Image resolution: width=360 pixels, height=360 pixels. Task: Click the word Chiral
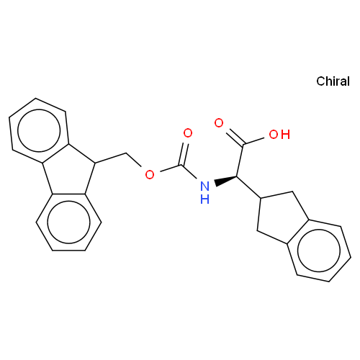[x=333, y=81]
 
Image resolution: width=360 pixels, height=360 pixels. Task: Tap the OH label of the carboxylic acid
[x=279, y=135]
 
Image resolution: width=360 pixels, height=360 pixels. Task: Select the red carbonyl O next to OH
[x=219, y=123]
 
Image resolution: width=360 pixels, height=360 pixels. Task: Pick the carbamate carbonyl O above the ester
[x=188, y=133]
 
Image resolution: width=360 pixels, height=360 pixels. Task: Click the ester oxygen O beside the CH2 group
[x=150, y=174]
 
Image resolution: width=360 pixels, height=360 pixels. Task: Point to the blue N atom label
[x=204, y=186]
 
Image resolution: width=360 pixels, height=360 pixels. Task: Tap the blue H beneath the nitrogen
[x=204, y=199]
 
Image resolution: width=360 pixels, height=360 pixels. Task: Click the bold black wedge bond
[x=226, y=181]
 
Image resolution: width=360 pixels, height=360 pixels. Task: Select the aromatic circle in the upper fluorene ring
[x=40, y=131]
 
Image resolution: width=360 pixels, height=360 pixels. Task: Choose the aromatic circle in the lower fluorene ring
[x=68, y=222]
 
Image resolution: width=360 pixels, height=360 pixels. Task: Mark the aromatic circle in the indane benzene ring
[x=319, y=251]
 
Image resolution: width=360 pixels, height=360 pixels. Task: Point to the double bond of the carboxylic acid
[x=235, y=138]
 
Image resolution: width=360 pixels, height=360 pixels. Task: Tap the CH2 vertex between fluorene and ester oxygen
[x=126, y=153]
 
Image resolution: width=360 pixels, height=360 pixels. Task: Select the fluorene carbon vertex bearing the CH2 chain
[x=95, y=163]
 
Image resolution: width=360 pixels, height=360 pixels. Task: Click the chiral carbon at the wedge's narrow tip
[x=237, y=176]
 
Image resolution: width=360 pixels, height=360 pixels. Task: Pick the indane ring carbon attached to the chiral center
[x=261, y=198]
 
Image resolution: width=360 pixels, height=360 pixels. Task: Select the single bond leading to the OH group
[x=254, y=141]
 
